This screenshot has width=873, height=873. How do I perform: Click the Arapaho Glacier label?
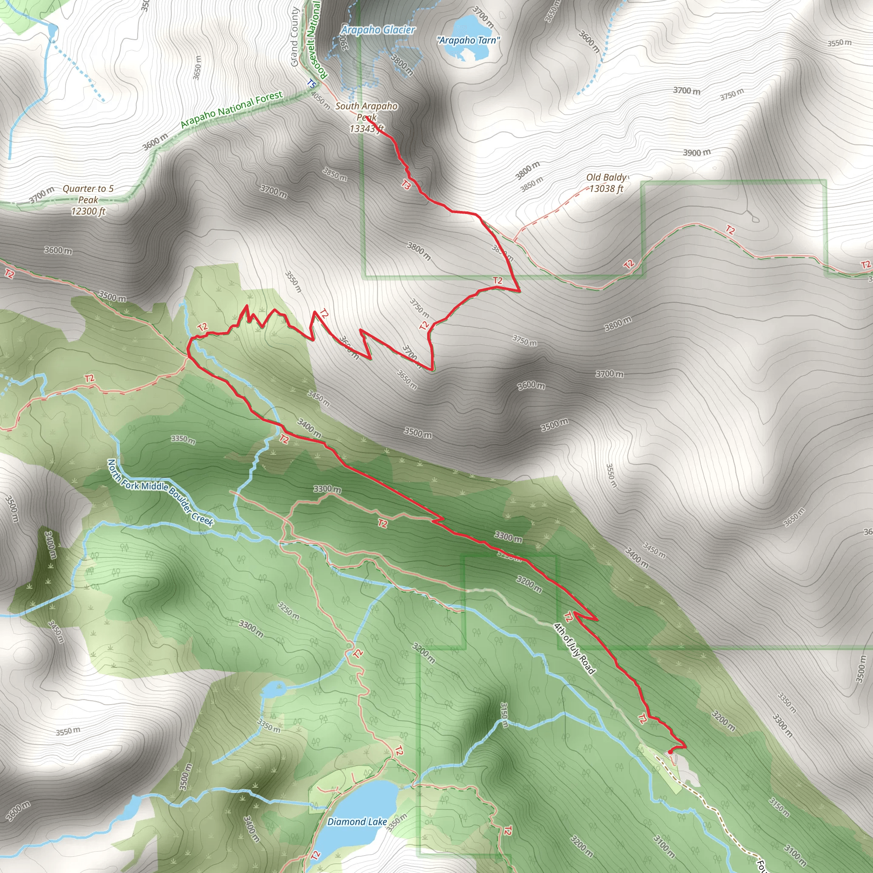point(378,30)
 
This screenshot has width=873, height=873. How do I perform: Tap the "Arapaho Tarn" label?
point(468,40)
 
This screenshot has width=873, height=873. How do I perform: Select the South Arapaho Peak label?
point(367,117)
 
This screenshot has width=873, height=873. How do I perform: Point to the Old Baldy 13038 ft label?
point(607,183)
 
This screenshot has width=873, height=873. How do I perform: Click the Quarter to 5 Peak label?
point(88,200)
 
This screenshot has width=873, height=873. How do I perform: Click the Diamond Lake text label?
point(357,821)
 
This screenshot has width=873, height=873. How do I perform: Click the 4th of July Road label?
point(574,648)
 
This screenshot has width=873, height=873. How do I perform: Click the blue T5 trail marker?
point(311,84)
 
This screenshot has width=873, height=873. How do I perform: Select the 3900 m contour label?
point(697,153)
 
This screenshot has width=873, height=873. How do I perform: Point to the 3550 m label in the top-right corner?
point(839,43)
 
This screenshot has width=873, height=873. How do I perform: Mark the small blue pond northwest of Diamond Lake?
point(273,690)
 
